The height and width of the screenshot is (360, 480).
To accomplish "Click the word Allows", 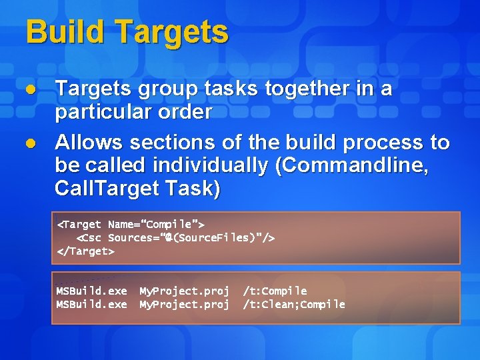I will pos(89,142).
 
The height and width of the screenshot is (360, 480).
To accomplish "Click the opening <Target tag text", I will pos(79,225).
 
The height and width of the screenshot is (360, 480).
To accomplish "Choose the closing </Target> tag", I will pos(85,251).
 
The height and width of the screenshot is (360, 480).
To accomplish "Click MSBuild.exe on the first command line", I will pos(91,291).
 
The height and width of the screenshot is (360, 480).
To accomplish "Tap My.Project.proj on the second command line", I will pos(184,305).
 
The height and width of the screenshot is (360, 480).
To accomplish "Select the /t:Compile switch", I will pos(275,291).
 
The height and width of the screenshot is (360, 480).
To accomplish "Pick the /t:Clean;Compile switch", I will pos(294,305).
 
